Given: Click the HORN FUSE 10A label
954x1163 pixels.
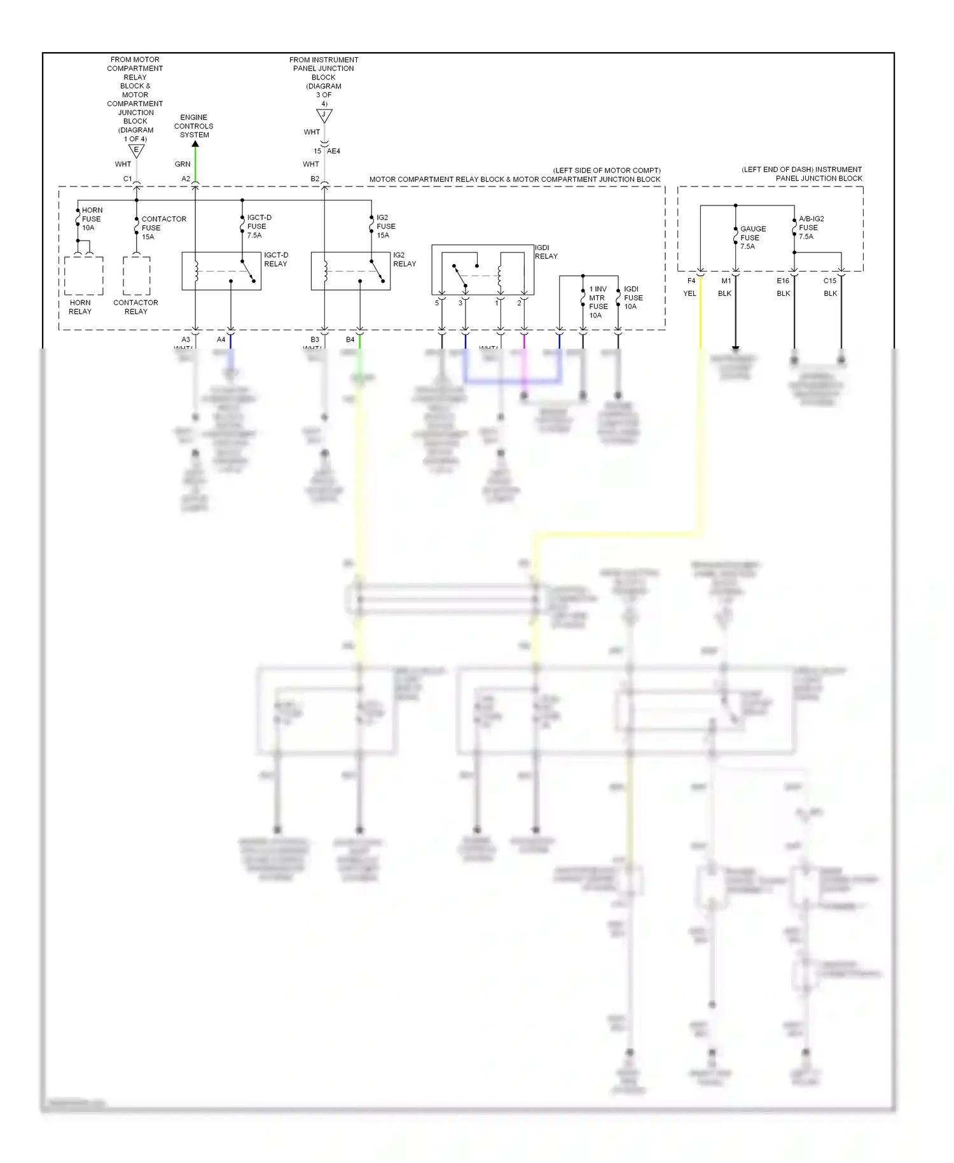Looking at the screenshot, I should tap(92, 219).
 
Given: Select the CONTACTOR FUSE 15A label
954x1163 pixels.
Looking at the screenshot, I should tap(163, 228).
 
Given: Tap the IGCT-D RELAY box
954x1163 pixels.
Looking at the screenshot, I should tap(221, 271).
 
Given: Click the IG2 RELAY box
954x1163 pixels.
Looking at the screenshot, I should tap(350, 271).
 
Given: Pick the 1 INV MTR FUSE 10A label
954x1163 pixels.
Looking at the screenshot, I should tap(598, 302).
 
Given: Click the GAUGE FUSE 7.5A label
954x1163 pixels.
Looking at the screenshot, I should tap(752, 237).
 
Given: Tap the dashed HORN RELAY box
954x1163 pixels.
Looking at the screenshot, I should tap(83, 276).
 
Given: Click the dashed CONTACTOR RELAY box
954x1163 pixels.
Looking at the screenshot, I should tap(136, 276).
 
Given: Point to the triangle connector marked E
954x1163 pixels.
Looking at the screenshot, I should tap(136, 151).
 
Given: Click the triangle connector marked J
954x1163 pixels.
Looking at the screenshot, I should tap(324, 116).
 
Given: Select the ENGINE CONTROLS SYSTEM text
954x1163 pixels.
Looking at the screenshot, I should tap(194, 126).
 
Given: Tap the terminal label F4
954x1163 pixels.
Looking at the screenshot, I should tap(691, 281).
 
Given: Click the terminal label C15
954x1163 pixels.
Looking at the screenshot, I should tap(830, 281).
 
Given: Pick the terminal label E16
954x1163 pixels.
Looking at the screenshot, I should tap(783, 281).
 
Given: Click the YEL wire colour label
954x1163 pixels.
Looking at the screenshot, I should tap(689, 293).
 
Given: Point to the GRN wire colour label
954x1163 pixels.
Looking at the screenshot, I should tap(183, 164).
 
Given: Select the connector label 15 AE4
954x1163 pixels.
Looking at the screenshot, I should tap(327, 151).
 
